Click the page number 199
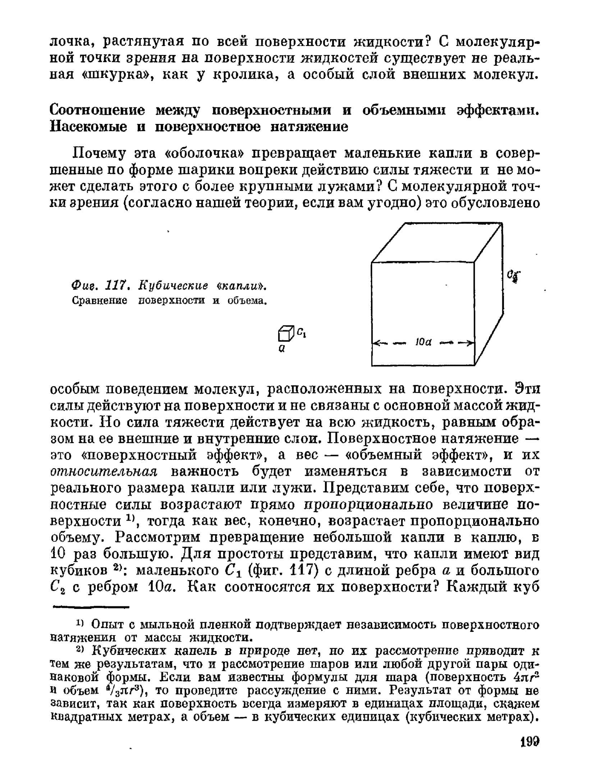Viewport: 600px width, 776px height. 530,742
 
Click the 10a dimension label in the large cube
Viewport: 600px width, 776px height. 423,342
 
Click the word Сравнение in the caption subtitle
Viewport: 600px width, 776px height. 100,300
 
